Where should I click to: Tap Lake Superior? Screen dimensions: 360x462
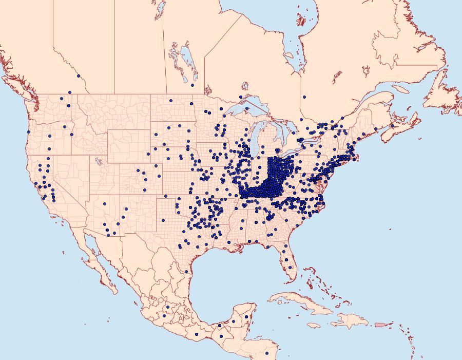tap(241, 108)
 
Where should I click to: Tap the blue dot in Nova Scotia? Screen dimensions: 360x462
tap(393, 126)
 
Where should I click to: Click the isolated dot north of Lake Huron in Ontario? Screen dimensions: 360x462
tap(304, 97)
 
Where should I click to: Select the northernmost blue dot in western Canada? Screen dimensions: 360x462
tap(79, 76)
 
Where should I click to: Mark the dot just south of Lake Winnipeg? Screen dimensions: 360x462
tap(192, 85)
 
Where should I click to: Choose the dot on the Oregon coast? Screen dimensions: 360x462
tap(28, 132)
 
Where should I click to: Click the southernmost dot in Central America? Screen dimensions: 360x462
tap(267, 353)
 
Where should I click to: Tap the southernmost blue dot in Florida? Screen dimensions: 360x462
tap(292, 267)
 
